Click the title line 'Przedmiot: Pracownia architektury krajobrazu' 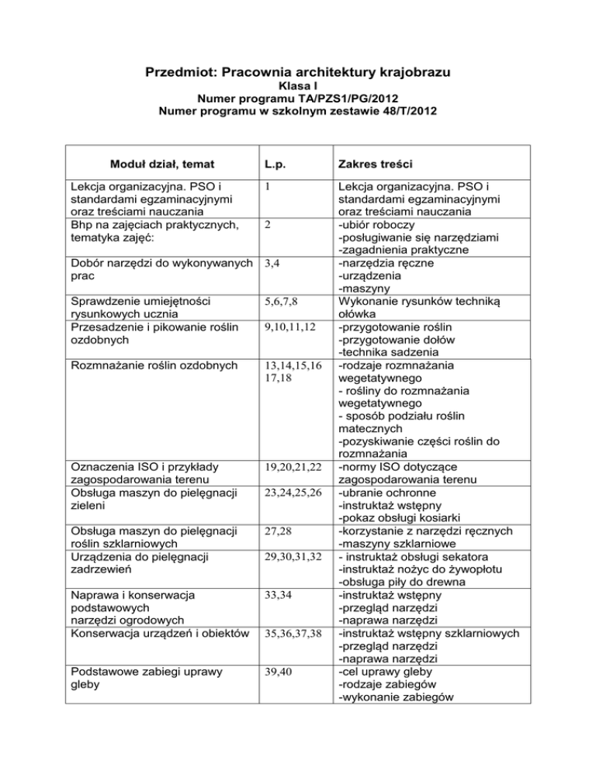tap(298, 73)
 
